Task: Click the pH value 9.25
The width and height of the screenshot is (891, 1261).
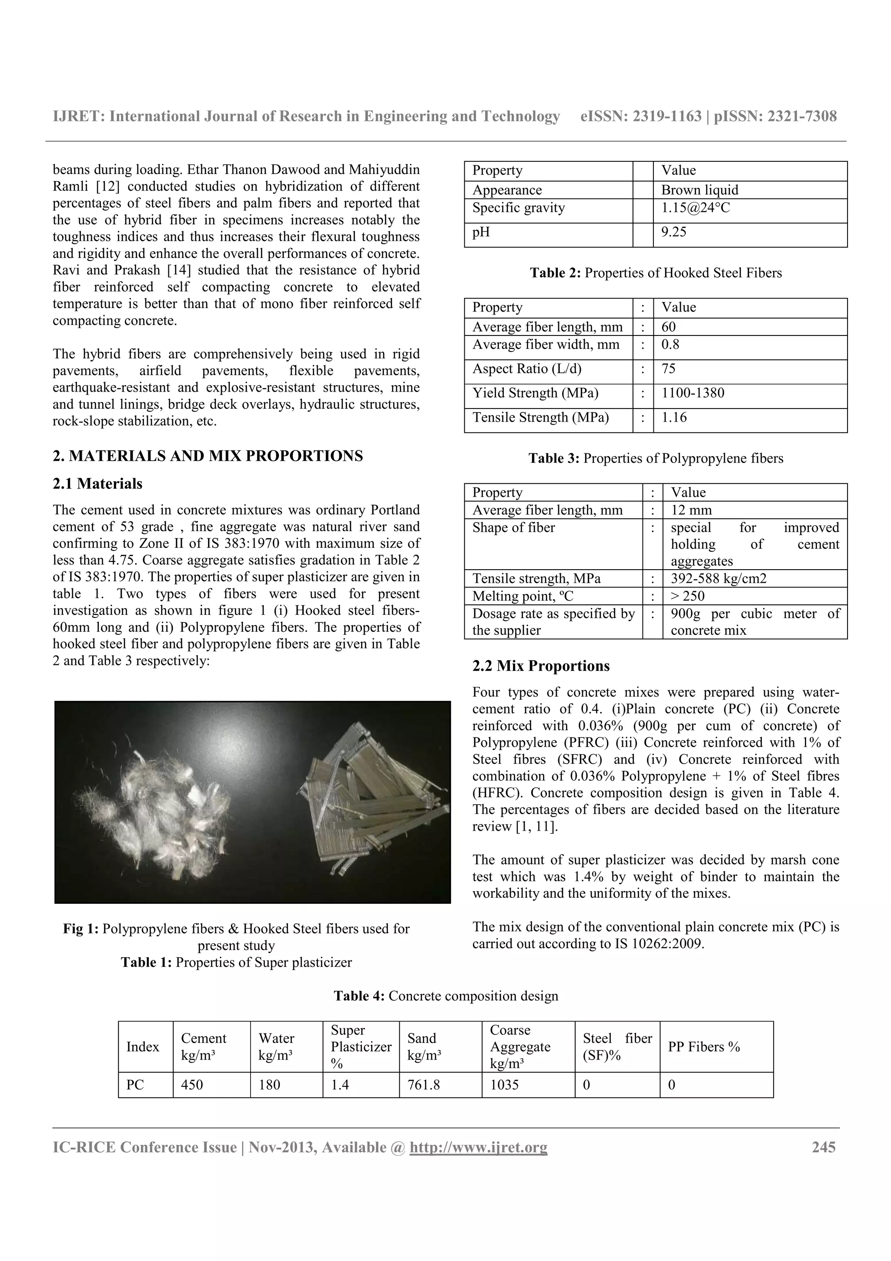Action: coord(673,232)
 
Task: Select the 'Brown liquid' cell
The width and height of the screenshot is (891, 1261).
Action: coord(700,190)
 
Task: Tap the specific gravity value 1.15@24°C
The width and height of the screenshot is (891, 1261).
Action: coord(695,208)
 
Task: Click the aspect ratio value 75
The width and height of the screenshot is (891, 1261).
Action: coord(668,369)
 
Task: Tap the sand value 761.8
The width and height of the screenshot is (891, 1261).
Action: coord(423,1085)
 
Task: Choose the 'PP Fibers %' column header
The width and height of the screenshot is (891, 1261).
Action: coord(704,1047)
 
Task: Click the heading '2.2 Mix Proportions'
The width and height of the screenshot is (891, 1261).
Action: coord(541,666)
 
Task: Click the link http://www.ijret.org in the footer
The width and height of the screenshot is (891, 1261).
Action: coord(478,1147)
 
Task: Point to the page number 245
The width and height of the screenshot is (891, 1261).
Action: coord(824,1147)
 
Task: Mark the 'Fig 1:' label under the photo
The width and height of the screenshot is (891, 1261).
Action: coord(80,929)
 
